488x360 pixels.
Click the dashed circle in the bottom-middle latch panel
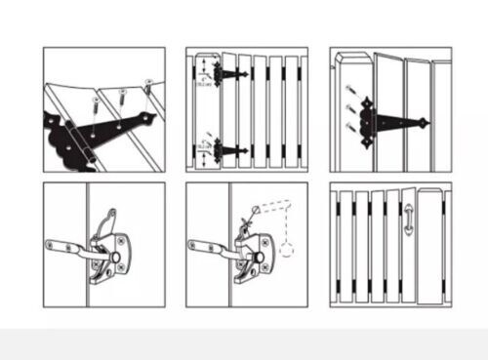tap(288, 249)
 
